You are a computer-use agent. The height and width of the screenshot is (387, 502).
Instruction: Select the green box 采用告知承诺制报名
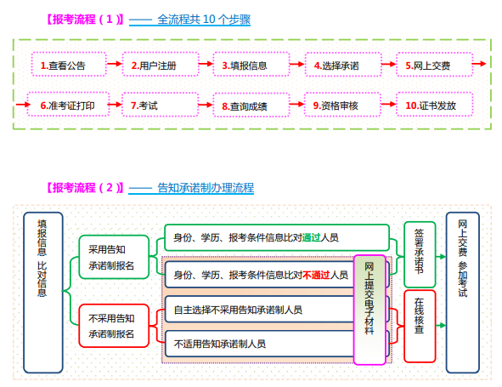pyautogui.click(x=111, y=258)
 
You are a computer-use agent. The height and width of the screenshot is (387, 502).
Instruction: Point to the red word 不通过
pyautogui.click(x=316, y=275)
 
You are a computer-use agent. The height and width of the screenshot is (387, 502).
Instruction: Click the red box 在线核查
pyautogui.click(x=420, y=320)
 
